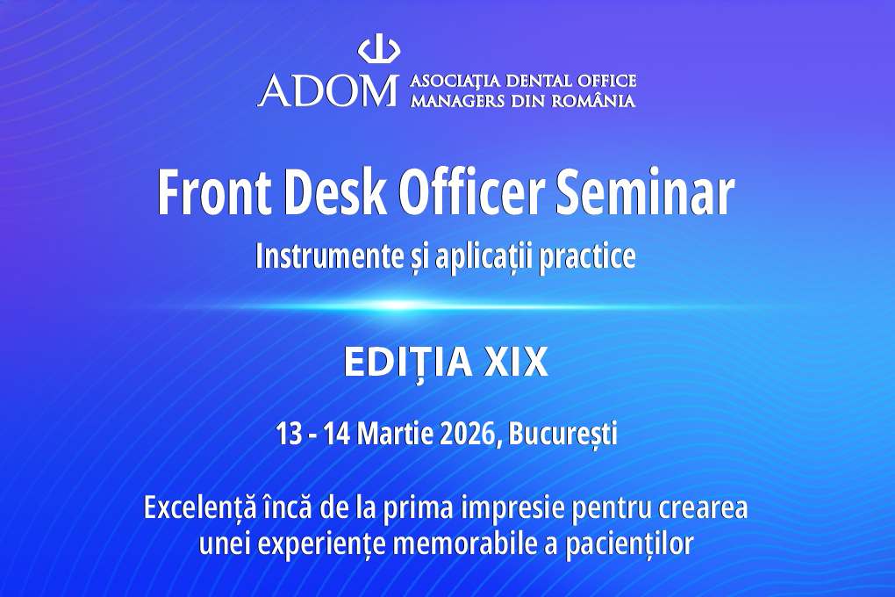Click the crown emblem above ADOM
click(x=378, y=52)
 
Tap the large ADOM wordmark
click(x=327, y=90)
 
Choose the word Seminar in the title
click(x=644, y=192)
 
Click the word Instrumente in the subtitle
click(x=329, y=256)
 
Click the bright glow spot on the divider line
click(x=396, y=306)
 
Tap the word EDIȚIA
click(x=408, y=363)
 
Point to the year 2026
click(x=468, y=435)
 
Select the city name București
click(x=562, y=435)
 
